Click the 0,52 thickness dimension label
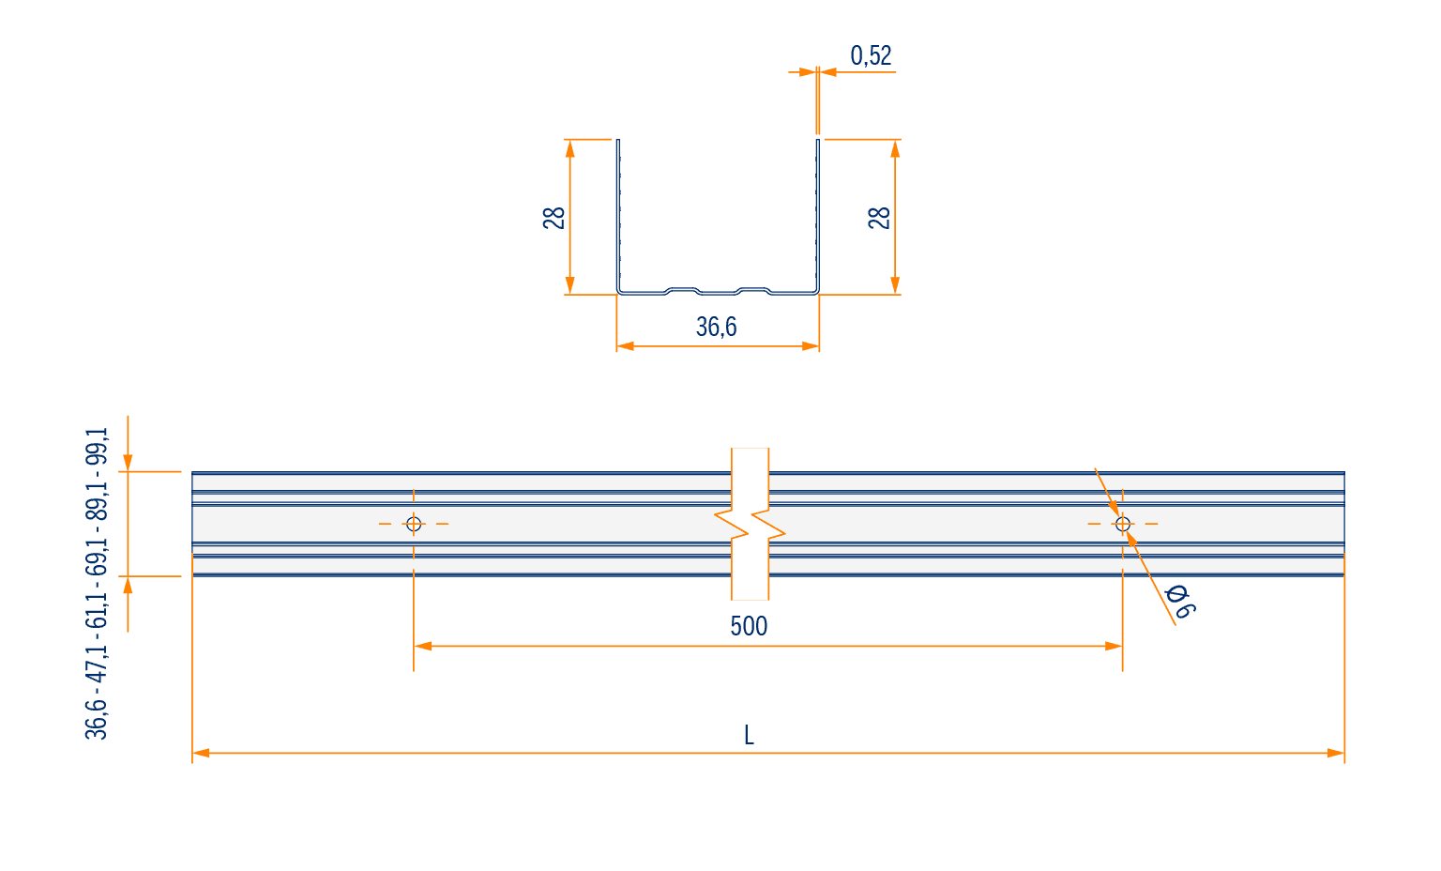pos(871,55)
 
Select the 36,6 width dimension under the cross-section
pos(716,327)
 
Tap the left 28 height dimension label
pos(554,218)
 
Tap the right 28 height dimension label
pos(879,218)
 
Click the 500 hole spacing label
pos(749,626)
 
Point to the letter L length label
pos(749,735)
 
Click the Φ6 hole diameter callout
pos(1180,602)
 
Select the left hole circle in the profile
pos(414,524)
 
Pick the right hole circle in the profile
pos(1123,524)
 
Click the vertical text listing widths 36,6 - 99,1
pos(97,583)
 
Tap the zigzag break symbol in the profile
pos(751,524)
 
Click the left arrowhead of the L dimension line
pos(201,753)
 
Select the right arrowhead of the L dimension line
pos(1336,753)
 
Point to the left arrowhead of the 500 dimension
pos(423,646)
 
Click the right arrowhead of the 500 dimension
pos(1114,646)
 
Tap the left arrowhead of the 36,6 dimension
pos(626,346)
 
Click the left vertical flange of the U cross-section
pos(619,216)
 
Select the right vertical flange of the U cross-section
pos(818,216)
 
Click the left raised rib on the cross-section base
pos(683,290)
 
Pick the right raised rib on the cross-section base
pos(753,290)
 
